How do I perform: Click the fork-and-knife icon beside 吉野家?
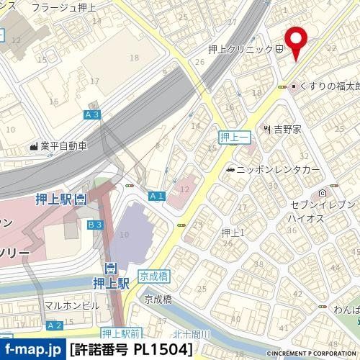click(x=267, y=129)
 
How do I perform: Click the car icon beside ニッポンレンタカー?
click(x=230, y=171)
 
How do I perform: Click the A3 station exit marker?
click(x=91, y=114)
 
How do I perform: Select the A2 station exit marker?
click(x=55, y=325)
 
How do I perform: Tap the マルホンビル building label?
click(x=71, y=305)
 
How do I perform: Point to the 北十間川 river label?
click(x=191, y=333)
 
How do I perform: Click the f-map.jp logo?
click(x=32, y=351)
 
